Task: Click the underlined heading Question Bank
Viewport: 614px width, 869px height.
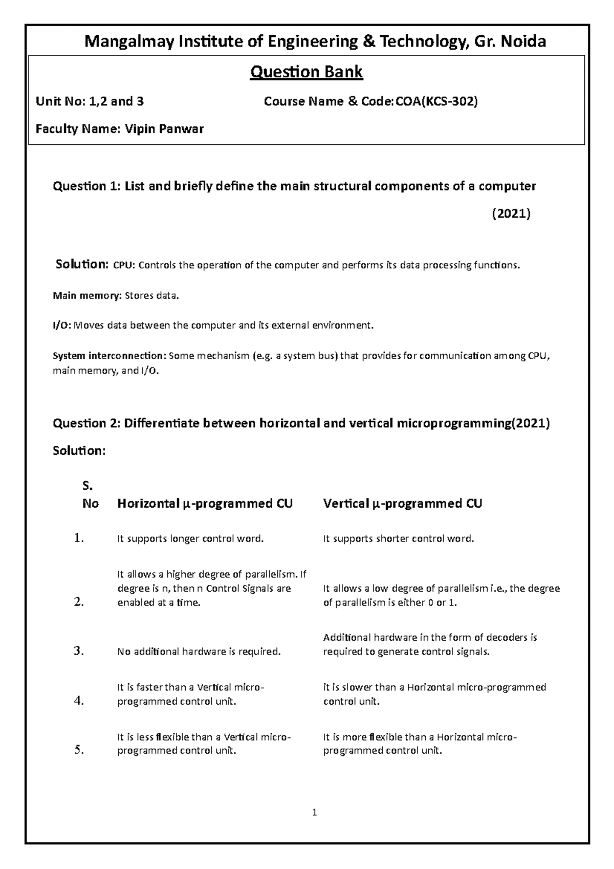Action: tap(306, 72)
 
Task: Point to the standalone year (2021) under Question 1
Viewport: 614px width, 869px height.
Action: tap(511, 213)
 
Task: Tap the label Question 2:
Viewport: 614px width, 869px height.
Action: tap(87, 423)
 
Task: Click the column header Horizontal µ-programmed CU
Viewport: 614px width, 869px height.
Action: tap(205, 504)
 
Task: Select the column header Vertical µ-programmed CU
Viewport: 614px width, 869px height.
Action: tap(402, 504)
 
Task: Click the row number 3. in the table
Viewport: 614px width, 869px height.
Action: tap(78, 651)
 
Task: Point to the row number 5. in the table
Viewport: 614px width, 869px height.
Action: tap(78, 750)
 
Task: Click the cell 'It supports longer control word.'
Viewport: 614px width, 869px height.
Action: tap(190, 539)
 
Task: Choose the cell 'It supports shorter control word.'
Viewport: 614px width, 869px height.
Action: tap(399, 539)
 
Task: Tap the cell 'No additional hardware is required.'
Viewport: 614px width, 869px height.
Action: tap(199, 652)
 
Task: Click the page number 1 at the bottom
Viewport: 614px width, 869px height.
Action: tap(315, 812)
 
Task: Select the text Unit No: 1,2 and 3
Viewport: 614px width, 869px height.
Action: tap(90, 101)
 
